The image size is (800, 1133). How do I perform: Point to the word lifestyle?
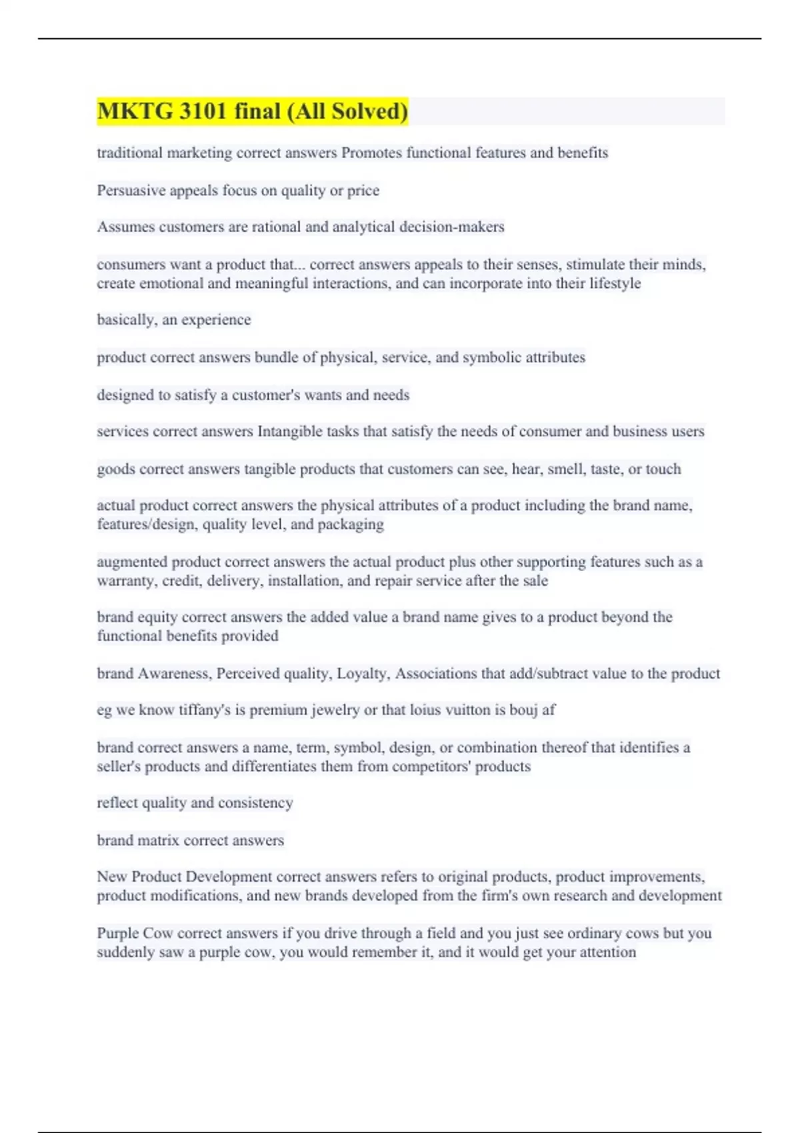[615, 283]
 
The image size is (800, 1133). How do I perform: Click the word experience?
[216, 320]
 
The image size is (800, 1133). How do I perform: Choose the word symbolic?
[492, 357]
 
